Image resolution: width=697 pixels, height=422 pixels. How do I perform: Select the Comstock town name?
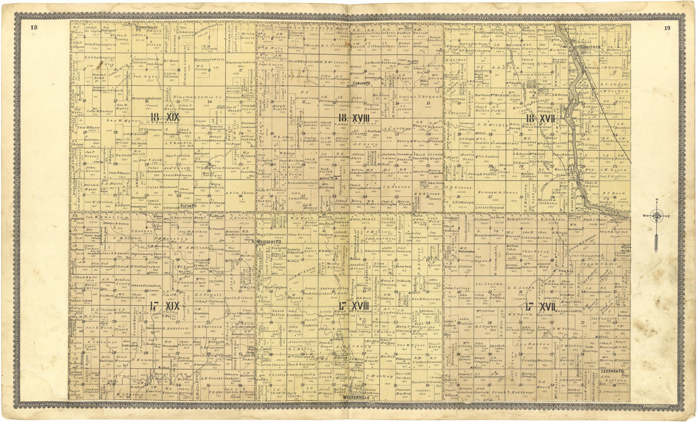[x=589, y=48]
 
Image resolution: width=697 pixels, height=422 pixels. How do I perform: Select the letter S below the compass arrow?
[x=657, y=251]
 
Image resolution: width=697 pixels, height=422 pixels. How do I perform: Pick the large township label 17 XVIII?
[x=354, y=306]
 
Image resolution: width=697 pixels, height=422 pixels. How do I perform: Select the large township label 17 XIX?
[x=165, y=306]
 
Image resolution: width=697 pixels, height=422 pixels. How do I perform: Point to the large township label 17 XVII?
[x=540, y=307]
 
